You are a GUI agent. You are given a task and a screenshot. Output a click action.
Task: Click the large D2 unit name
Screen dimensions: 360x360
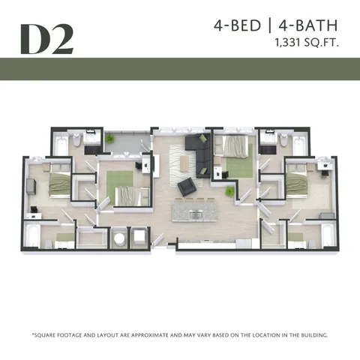[46, 38]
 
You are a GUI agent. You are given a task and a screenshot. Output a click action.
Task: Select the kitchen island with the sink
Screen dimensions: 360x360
[196, 211]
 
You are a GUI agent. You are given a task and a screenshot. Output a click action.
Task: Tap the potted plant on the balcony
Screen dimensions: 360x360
[110, 139]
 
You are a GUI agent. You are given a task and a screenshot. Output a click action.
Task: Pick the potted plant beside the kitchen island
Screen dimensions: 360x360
[229, 192]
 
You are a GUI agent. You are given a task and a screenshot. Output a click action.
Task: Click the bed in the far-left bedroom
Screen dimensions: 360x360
[57, 183]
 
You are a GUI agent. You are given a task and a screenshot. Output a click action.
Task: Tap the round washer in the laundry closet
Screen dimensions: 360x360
[118, 238]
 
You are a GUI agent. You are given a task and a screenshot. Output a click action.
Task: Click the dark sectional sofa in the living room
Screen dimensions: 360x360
[198, 150]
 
